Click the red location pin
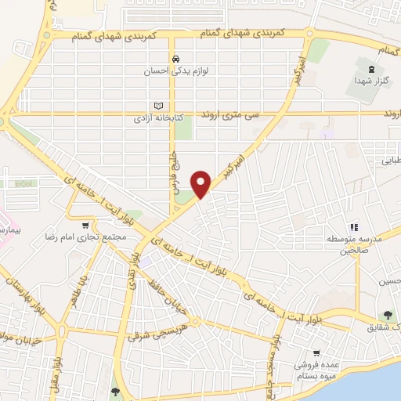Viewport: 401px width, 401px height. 202,183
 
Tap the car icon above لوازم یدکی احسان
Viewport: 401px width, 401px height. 177,59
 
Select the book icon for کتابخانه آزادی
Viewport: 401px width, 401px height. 159,106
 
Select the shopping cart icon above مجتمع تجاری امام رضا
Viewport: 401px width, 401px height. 86,226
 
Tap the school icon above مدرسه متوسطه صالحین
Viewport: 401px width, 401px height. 352,226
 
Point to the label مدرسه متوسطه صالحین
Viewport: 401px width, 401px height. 353,244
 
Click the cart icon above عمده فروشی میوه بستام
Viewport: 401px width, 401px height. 316,353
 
